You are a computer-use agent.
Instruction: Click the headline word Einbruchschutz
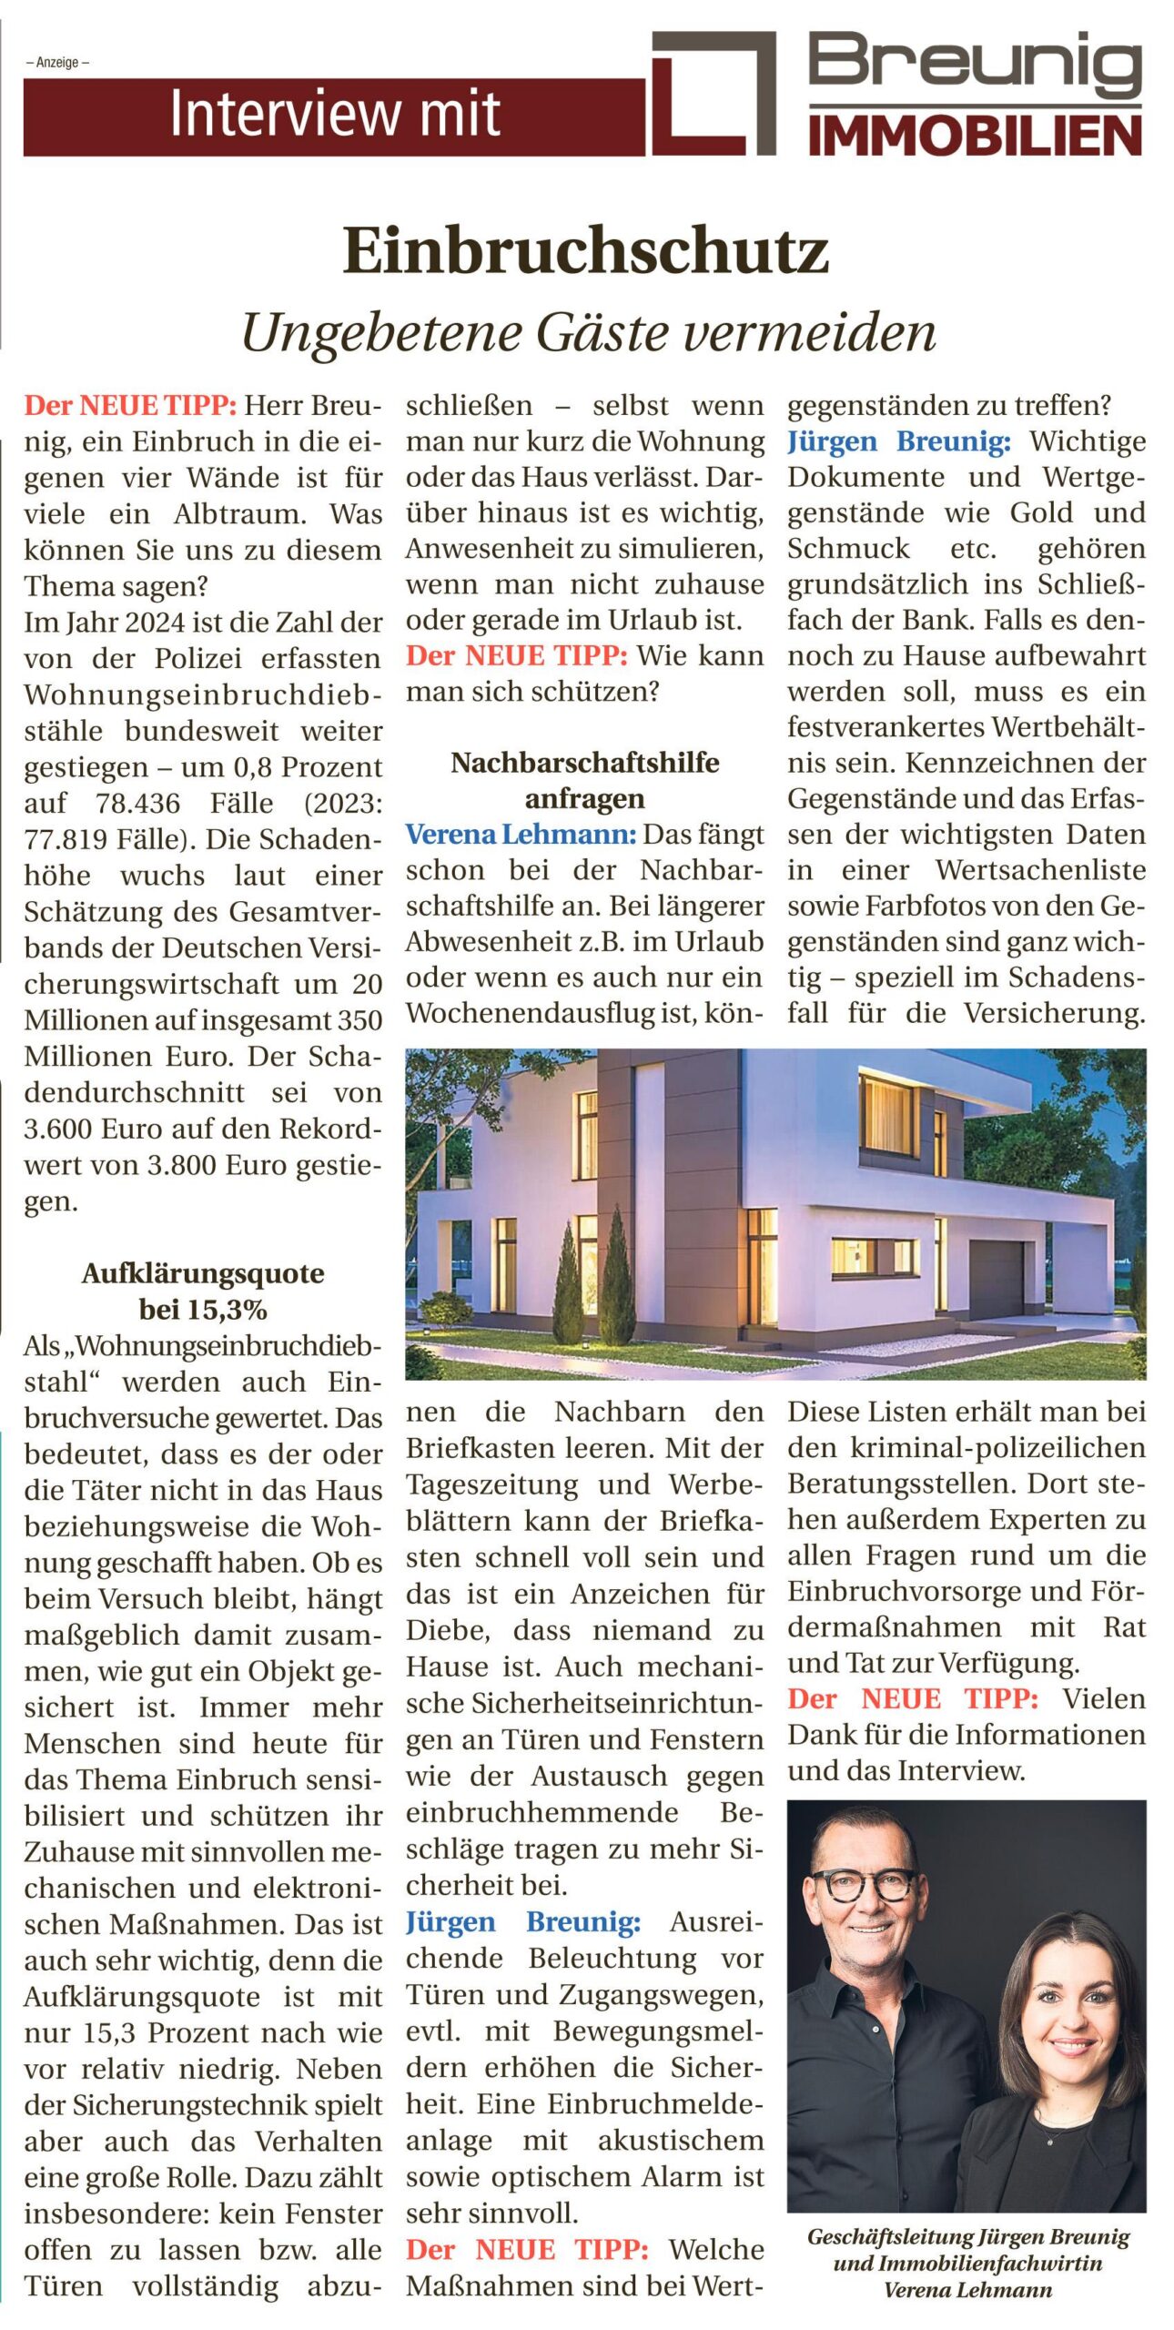coord(585,251)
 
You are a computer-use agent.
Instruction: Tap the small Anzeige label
coord(58,63)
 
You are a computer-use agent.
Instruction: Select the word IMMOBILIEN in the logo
coord(975,137)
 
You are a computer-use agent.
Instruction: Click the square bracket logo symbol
coord(714,93)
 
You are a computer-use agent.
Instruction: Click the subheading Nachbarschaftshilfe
coord(584,763)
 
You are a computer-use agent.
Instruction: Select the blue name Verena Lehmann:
coord(521,835)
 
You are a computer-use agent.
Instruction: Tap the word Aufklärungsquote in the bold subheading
coord(203,1273)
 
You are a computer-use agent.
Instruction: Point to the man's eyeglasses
coord(862,1886)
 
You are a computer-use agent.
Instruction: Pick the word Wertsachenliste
coord(1040,870)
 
